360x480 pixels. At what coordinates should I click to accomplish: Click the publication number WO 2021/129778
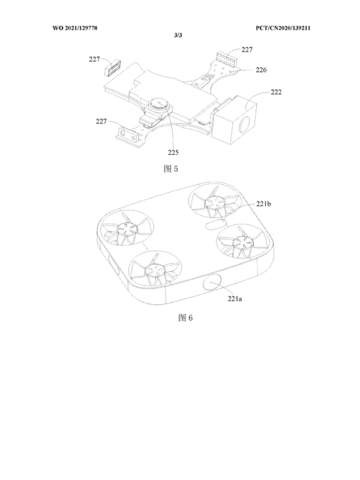(x=74, y=28)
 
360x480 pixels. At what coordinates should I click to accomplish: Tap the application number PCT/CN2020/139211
(x=283, y=28)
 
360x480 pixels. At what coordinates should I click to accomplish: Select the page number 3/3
(x=178, y=35)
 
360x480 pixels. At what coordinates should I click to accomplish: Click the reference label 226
(x=261, y=70)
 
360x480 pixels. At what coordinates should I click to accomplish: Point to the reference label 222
(x=276, y=92)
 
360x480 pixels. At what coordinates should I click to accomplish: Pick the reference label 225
(x=173, y=152)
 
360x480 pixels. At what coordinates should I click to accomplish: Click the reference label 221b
(x=263, y=203)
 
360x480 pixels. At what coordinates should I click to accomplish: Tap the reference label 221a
(x=235, y=299)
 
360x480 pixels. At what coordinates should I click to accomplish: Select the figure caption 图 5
(x=171, y=169)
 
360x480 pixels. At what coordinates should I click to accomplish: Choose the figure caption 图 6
(x=185, y=318)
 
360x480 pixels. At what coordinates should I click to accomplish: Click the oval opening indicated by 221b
(x=215, y=225)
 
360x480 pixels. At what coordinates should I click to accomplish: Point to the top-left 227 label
(x=94, y=59)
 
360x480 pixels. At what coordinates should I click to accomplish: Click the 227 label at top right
(x=247, y=49)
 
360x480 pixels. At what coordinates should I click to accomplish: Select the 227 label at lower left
(x=101, y=121)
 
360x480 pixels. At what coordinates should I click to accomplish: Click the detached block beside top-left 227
(x=113, y=67)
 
